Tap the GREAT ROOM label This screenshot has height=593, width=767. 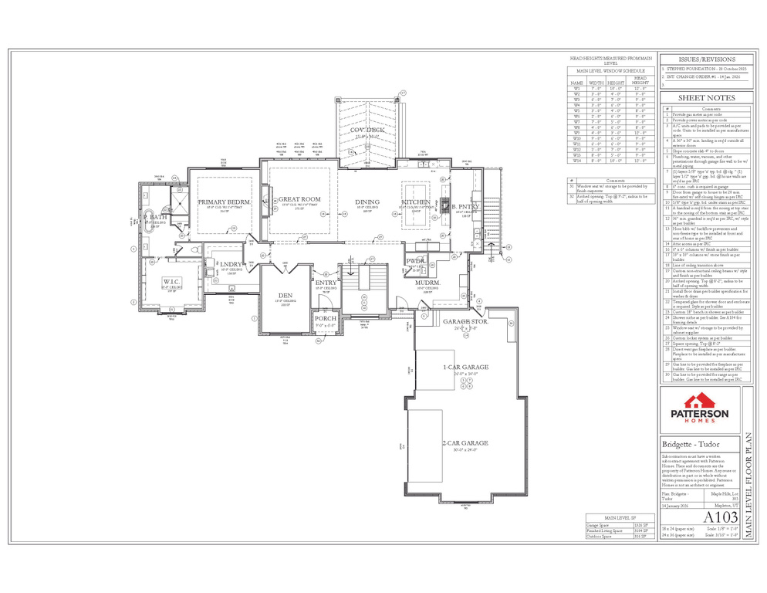(299, 199)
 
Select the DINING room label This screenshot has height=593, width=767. (367, 202)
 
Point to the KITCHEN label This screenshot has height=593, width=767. (415, 202)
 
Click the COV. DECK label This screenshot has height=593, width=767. (367, 130)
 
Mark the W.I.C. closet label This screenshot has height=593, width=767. (171, 281)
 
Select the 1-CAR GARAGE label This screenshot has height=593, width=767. (465, 368)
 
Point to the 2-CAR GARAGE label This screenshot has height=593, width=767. (465, 443)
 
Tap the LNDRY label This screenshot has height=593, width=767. (232, 265)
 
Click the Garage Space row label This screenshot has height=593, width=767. (600, 524)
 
